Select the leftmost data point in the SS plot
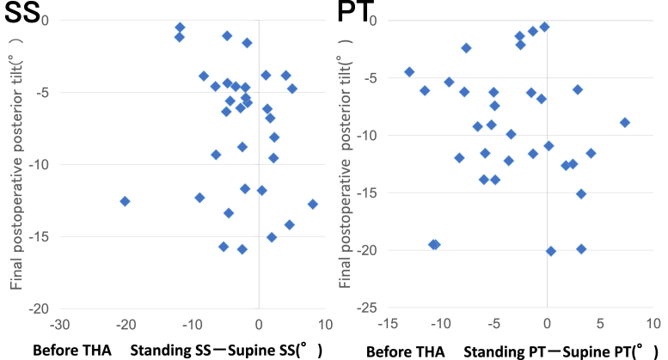[x=125, y=201]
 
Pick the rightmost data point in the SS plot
[x=313, y=204]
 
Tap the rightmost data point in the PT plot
[x=625, y=123]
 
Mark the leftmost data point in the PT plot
[x=409, y=72]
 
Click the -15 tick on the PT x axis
[x=388, y=323]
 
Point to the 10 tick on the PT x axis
[x=653, y=323]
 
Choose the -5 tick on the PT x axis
[x=493, y=323]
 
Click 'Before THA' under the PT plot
[x=402, y=351]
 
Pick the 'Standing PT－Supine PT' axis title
[x=555, y=351]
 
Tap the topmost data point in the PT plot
[x=544, y=27]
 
